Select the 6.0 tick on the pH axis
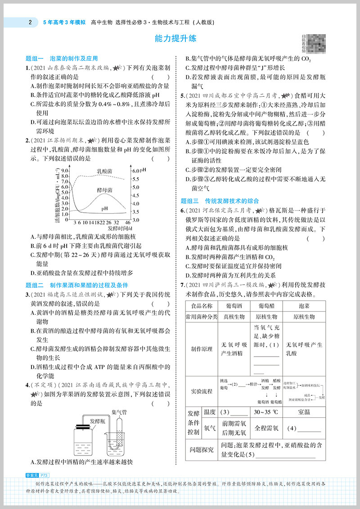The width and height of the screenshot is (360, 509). point(135,171)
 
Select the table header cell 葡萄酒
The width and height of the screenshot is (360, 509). point(234,306)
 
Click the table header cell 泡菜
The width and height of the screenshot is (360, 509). point(304,306)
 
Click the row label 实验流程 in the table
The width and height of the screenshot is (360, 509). point(201,391)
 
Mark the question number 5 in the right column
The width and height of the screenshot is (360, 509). point(182,96)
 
